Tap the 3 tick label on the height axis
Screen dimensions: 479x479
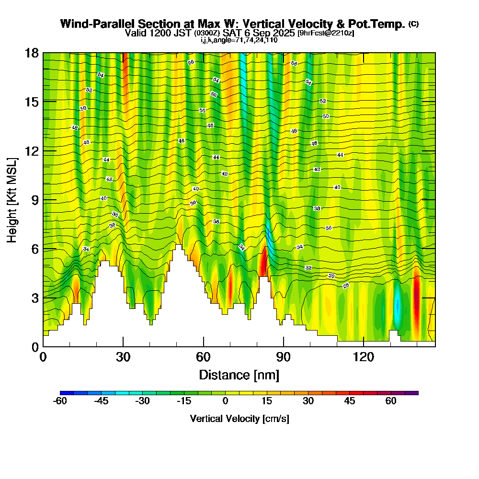pyautogui.click(x=34, y=298)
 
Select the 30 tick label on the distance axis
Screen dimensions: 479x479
pyautogui.click(x=123, y=357)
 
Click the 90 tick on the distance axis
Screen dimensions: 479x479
pyautogui.click(x=284, y=346)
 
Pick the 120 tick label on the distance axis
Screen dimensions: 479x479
pyautogui.click(x=364, y=357)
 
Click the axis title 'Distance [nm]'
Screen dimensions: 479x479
pyautogui.click(x=239, y=374)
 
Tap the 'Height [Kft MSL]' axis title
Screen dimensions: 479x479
pyautogui.click(x=12, y=199)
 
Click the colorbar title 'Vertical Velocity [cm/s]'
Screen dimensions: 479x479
pyautogui.click(x=239, y=419)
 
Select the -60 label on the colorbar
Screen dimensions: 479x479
pyautogui.click(x=60, y=402)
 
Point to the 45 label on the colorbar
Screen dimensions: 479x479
pyautogui.click(x=350, y=402)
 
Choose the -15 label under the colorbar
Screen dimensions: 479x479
pyautogui.click(x=184, y=402)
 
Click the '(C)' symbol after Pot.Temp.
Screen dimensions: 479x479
pyautogui.click(x=413, y=24)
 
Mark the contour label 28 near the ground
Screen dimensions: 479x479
pyautogui.click(x=346, y=286)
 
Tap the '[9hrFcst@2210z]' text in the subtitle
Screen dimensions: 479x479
pyautogui.click(x=326, y=33)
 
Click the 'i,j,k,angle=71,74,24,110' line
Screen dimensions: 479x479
pyautogui.click(x=239, y=40)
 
